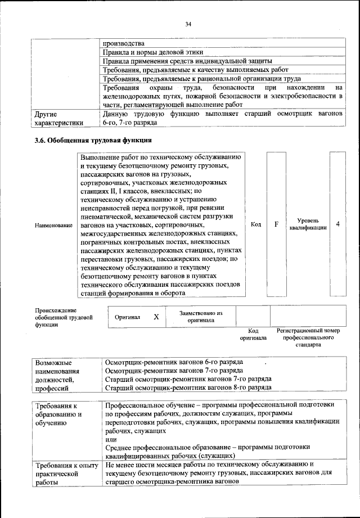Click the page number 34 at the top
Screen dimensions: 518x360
coord(188,23)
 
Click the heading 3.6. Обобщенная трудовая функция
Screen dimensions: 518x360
coord(93,140)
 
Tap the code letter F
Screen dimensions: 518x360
coord(276,224)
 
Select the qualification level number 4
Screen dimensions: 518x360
coord(337,224)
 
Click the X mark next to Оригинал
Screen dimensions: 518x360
coord(156,317)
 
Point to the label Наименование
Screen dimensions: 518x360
coord(53,225)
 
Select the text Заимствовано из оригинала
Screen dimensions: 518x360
coord(201,316)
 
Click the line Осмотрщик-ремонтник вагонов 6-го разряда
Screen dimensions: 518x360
coord(174,362)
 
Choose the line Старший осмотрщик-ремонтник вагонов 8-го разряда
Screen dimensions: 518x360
coord(188,388)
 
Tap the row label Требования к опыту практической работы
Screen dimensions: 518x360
coord(63,474)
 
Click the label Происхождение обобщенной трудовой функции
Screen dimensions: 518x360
coord(63,317)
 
